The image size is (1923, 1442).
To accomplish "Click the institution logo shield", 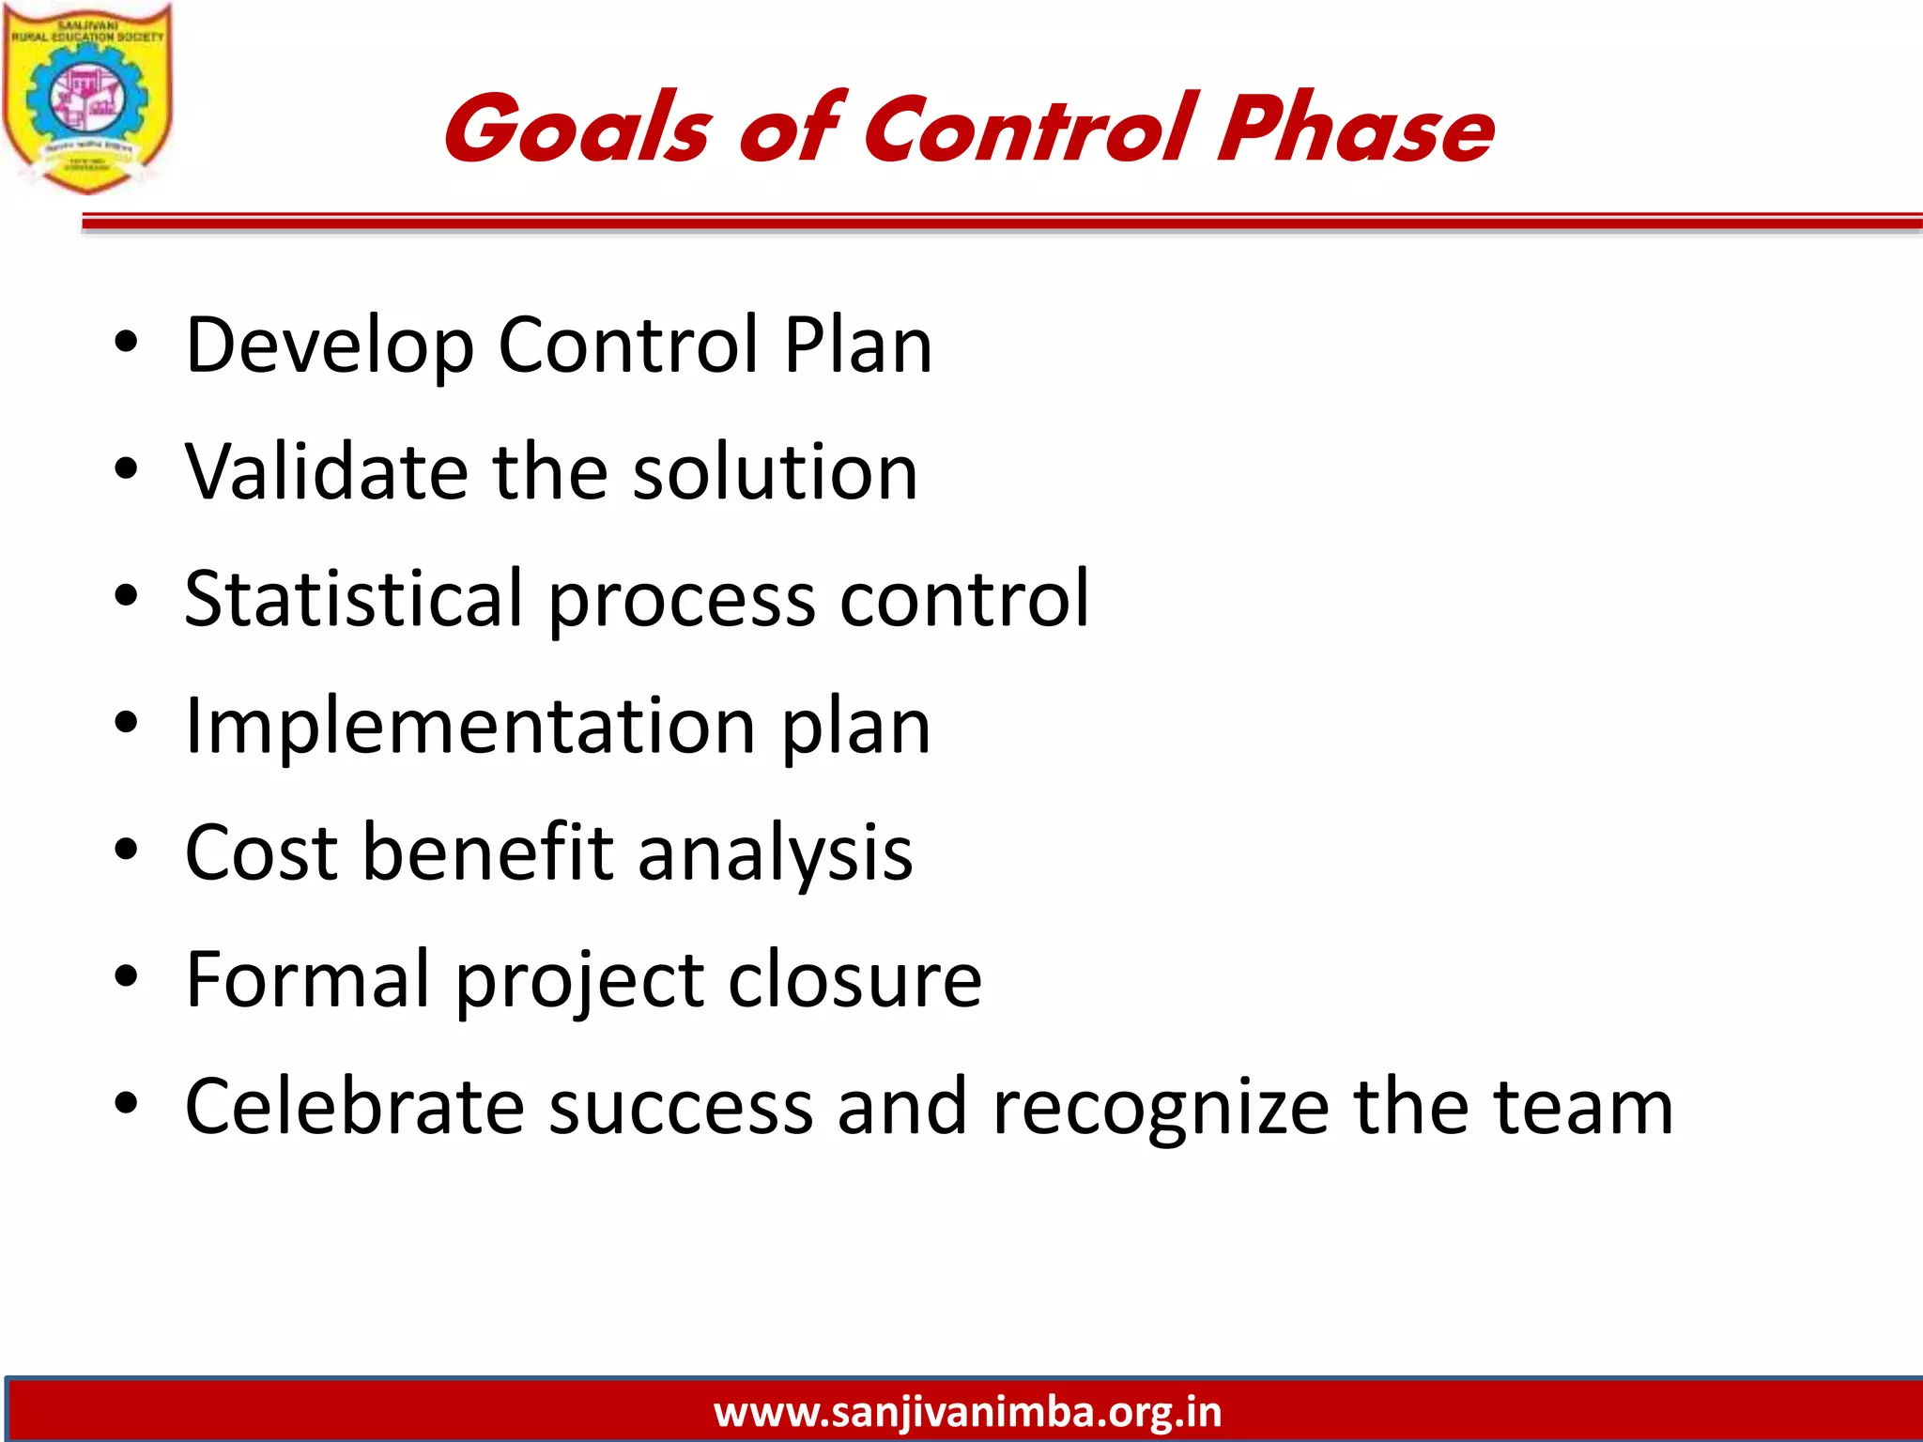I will [86, 99].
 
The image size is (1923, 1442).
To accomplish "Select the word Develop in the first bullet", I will [330, 345].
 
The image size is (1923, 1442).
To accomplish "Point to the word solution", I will [775, 471].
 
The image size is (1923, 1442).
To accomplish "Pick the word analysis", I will [775, 854].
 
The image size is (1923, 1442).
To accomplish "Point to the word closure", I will [854, 979].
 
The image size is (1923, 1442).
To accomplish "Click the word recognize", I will [1161, 1108].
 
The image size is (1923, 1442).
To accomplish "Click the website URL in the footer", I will [967, 1412].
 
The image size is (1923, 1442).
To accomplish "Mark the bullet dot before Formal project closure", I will [126, 976].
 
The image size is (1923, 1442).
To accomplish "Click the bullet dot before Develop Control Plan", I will [126, 344].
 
